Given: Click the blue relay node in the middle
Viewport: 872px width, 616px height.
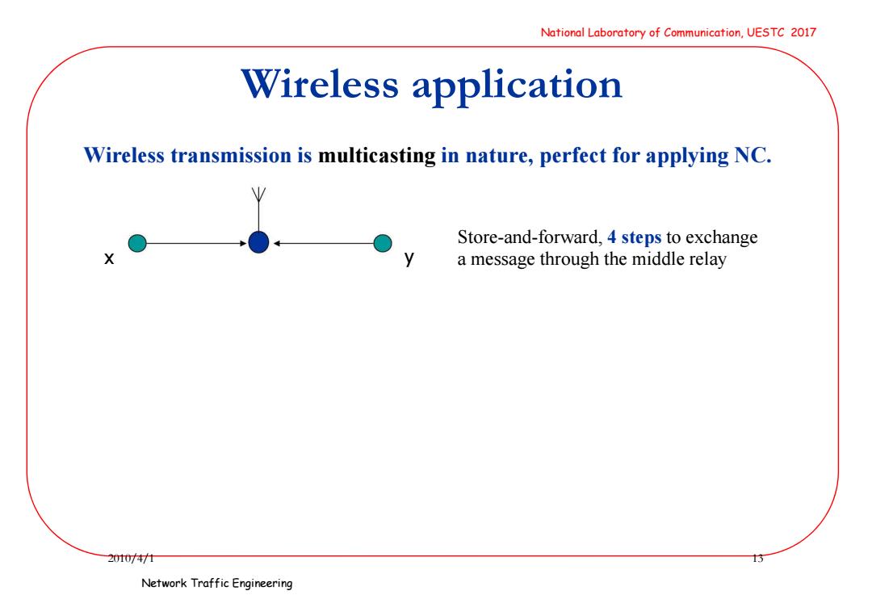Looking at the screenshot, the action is point(258,242).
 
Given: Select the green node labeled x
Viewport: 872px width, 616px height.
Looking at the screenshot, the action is point(137,243).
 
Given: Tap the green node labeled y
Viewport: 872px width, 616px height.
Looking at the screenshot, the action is point(383,243).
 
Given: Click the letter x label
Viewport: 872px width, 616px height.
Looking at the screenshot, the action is point(109,258).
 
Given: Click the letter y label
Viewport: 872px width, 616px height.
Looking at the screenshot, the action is point(409,258).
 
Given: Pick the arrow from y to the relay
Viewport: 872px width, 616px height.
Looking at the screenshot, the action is point(323,243).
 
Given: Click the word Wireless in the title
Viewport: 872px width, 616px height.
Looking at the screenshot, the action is point(320,85).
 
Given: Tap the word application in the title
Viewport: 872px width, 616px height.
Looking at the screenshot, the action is point(518,86).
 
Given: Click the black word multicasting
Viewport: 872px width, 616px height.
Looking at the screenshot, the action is point(376,156).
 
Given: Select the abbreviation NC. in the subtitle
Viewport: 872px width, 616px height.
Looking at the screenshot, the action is point(753,155).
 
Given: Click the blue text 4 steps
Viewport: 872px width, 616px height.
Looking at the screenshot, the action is point(634,238).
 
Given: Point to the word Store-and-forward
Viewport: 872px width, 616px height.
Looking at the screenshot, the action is point(530,238).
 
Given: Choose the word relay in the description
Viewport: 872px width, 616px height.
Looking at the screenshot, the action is point(707,260).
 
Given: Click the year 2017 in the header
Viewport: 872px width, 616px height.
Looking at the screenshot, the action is point(803,32).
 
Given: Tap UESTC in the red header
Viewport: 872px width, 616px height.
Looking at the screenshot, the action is point(765,32).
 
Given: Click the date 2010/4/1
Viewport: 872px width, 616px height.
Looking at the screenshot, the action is point(131,558).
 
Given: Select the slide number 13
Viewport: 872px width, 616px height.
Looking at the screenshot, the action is point(757,558).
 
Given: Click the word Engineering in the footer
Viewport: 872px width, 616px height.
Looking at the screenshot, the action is point(262,583).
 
